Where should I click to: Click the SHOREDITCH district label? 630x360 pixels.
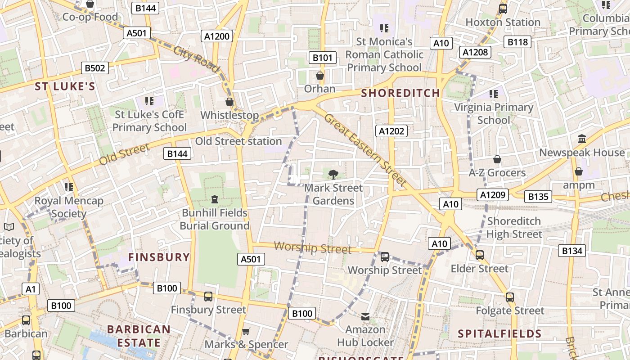[400, 93]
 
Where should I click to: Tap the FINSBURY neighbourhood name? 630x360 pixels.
[159, 257]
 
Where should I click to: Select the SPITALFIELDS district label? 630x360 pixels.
[499, 334]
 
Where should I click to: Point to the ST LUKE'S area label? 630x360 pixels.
[65, 87]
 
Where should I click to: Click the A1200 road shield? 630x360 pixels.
[217, 36]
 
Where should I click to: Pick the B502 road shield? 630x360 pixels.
[95, 68]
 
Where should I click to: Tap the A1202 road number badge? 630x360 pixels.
[391, 131]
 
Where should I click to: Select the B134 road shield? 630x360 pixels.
[572, 251]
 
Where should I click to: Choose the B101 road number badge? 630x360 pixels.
[323, 57]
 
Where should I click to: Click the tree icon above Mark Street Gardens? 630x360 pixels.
[333, 174]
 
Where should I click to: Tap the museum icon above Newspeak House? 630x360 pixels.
[582, 139]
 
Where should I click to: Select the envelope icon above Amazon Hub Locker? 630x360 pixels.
[365, 317]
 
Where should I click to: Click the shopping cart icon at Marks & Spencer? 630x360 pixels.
[246, 332]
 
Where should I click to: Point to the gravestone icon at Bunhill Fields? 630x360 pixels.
[214, 199]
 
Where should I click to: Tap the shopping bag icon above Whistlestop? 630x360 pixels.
[229, 102]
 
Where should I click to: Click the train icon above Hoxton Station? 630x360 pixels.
[503, 9]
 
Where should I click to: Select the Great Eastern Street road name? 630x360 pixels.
[365, 150]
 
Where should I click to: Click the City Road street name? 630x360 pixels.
[197, 59]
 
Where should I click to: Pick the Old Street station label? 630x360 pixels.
[238, 141]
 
